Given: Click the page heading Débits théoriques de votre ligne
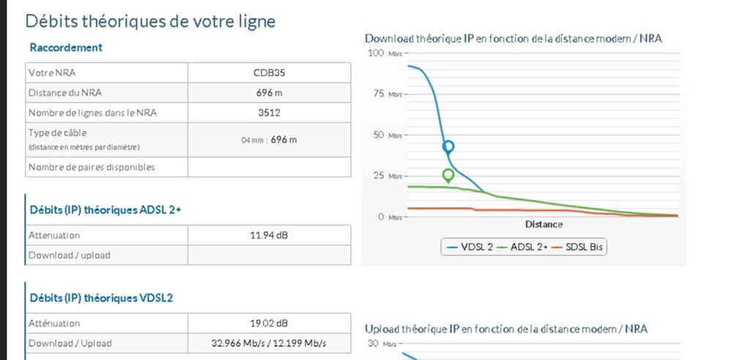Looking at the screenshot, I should [150, 21].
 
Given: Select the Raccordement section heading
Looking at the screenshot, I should [66, 48].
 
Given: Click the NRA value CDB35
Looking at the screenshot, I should [269, 73].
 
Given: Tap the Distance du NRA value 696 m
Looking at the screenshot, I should [269, 93].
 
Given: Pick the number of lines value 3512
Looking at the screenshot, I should [269, 113].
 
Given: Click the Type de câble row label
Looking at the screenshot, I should [57, 132].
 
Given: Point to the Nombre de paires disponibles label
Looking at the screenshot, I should [91, 167].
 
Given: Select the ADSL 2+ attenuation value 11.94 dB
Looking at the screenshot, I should [269, 236].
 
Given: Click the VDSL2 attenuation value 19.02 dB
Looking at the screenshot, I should [269, 323].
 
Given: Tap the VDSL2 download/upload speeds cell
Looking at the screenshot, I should [269, 343].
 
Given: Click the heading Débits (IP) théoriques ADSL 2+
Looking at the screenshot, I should [105, 210].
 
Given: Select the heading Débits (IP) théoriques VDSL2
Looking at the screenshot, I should [101, 298].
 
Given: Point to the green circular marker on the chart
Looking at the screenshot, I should [448, 175].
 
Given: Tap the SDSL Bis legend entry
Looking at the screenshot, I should [578, 247].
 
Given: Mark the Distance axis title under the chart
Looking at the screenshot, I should [543, 224].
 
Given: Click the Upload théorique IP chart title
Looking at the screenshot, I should [505, 329].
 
